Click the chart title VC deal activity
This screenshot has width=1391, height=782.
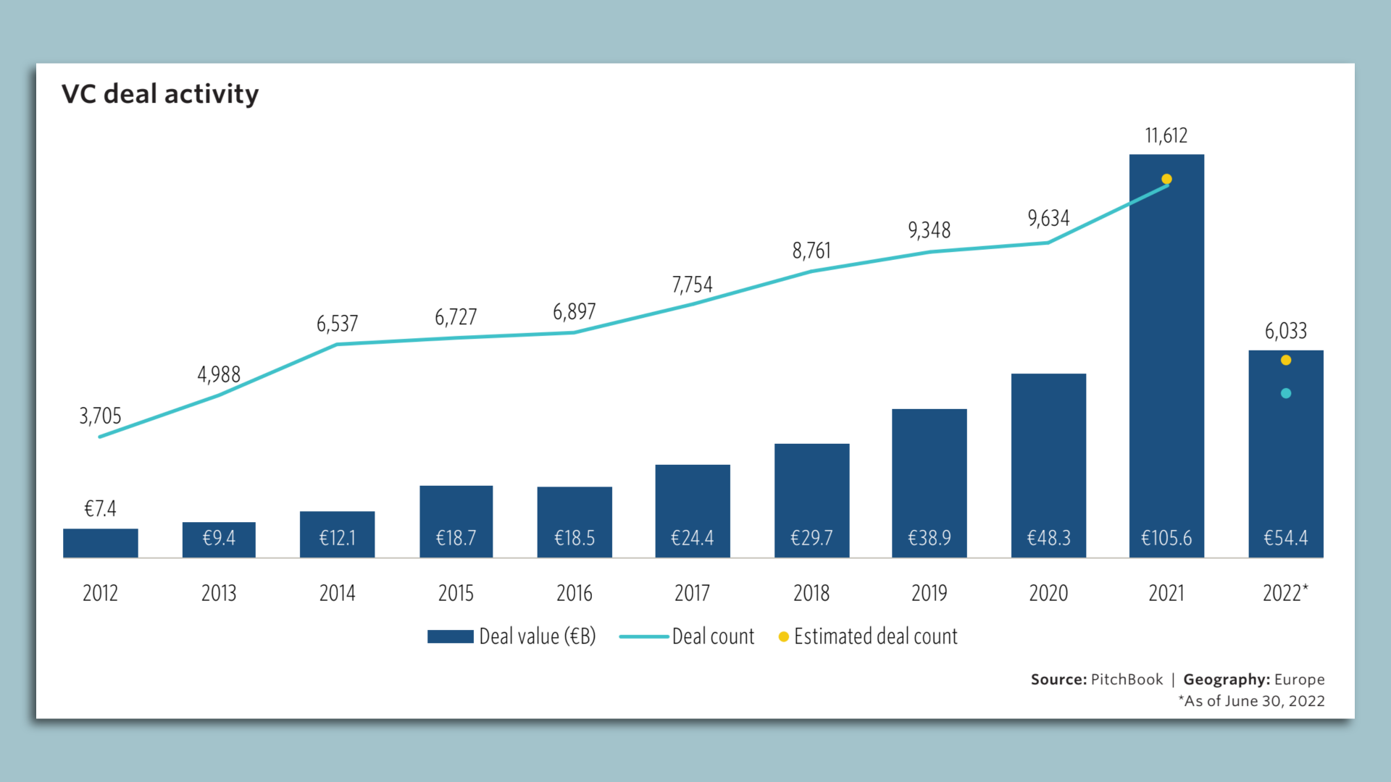(x=160, y=94)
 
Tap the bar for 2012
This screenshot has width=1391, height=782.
(x=100, y=543)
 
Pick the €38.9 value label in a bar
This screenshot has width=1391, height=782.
(x=930, y=538)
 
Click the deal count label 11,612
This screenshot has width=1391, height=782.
(x=1166, y=135)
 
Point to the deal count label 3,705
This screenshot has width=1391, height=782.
(x=100, y=416)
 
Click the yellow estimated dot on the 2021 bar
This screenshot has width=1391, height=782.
(x=1166, y=179)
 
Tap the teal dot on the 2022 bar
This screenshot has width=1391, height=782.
(x=1286, y=393)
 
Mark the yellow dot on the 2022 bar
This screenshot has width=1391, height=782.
(x=1286, y=360)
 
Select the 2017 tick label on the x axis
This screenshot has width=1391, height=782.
(x=692, y=593)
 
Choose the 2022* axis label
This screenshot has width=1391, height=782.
(x=1285, y=593)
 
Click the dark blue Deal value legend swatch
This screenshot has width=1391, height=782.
(x=450, y=636)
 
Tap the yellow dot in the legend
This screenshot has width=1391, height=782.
(x=783, y=636)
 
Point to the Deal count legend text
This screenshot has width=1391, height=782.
(x=713, y=636)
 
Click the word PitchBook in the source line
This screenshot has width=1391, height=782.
(x=1127, y=679)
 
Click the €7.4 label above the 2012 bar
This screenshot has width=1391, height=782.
(x=100, y=508)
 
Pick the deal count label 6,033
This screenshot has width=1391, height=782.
(x=1286, y=331)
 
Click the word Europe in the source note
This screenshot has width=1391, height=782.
(x=1299, y=679)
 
